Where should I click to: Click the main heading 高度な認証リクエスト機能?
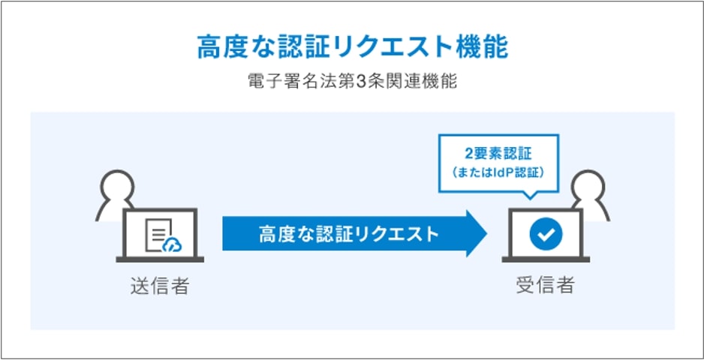(x=353, y=47)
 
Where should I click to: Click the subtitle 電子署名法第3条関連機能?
(x=352, y=82)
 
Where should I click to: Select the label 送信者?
(x=160, y=286)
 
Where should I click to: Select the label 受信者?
(x=545, y=286)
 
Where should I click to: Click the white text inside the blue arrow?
(x=348, y=234)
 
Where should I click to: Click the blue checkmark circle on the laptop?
(x=546, y=234)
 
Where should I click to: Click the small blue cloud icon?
(x=173, y=244)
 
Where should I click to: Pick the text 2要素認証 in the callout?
(x=498, y=154)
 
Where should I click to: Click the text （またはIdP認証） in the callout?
(x=498, y=172)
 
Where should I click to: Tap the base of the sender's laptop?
(x=160, y=259)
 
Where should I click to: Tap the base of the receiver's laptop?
(x=546, y=259)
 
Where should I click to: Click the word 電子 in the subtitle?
(x=265, y=82)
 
